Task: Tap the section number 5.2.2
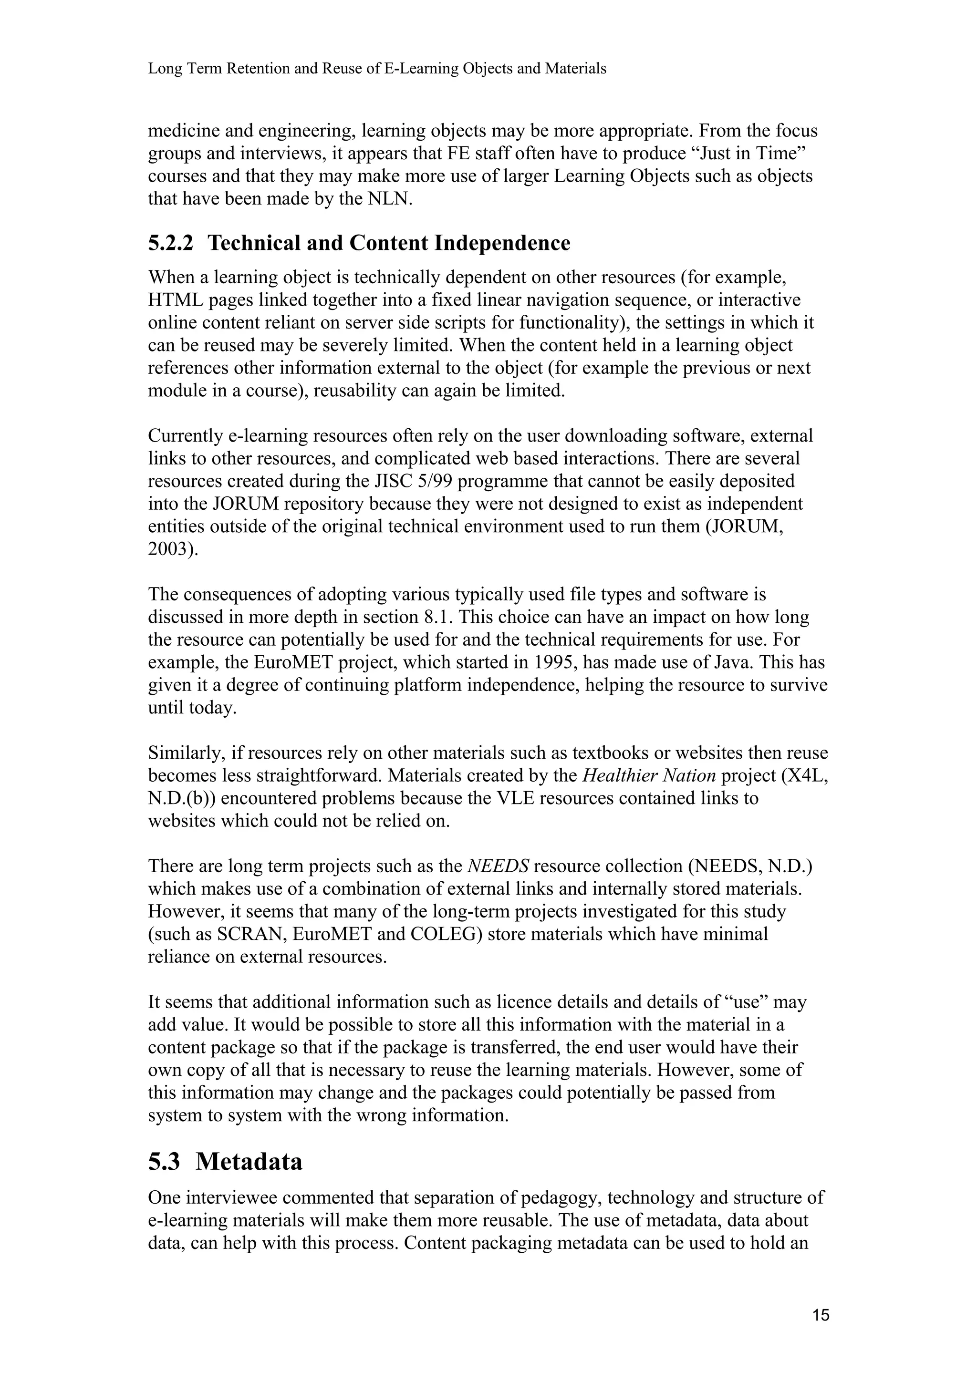pyautogui.click(x=171, y=243)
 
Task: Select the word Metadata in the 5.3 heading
pyautogui.click(x=249, y=1161)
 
